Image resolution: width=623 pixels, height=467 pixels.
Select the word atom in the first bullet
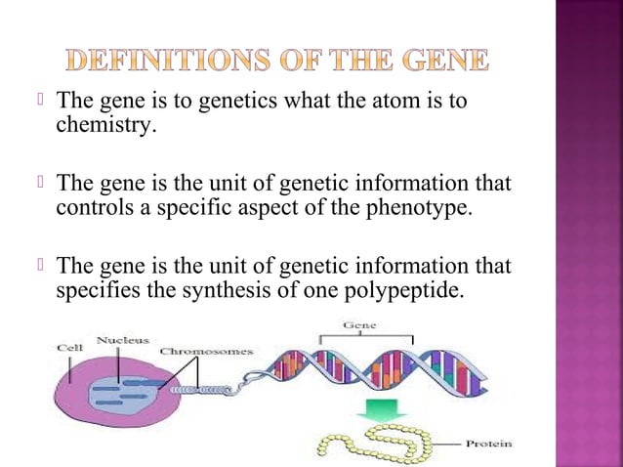coord(399,103)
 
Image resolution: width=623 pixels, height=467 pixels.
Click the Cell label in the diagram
coord(69,346)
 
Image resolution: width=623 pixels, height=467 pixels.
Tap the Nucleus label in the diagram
coord(122,340)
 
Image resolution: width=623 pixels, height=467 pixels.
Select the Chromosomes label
coord(206,351)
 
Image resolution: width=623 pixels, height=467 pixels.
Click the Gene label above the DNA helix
coord(360,324)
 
